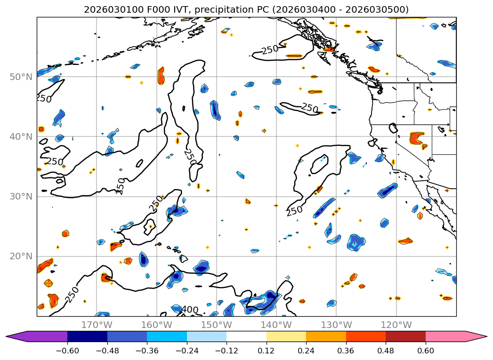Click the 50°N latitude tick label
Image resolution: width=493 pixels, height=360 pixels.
(21, 77)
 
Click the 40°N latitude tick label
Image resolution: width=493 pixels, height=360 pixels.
(21, 136)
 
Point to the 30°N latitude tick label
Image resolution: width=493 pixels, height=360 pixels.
(21, 196)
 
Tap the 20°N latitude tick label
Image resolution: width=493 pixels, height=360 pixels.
(21, 256)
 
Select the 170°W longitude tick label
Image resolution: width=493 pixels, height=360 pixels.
(97, 325)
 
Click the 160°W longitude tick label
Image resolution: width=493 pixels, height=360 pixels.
(156, 325)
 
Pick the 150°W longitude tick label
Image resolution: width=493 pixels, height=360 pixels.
(216, 325)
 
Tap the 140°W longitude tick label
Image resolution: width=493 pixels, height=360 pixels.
(276, 325)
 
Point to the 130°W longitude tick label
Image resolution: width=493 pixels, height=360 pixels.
(336, 325)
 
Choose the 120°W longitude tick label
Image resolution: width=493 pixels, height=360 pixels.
(396, 325)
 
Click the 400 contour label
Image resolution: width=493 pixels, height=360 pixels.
(189, 310)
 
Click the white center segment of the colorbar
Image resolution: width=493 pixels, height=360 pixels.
(246, 336)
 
